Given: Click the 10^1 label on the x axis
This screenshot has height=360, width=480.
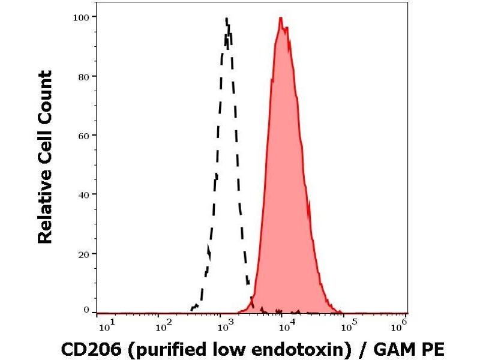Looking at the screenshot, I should (x=104, y=326).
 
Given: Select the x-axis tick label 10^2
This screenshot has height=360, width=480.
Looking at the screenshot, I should (x=162, y=326).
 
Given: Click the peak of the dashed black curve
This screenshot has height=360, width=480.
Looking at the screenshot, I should (x=227, y=19).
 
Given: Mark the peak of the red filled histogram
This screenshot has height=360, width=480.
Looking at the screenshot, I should (x=280, y=18).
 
